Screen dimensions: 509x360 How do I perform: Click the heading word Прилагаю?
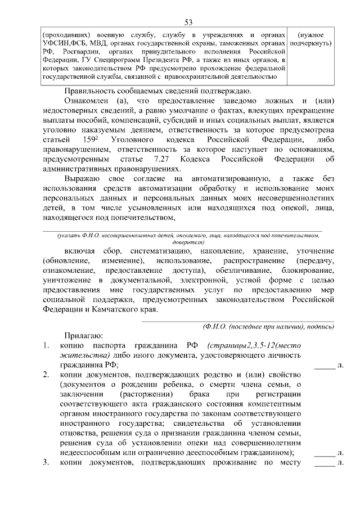pos(83,336)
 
